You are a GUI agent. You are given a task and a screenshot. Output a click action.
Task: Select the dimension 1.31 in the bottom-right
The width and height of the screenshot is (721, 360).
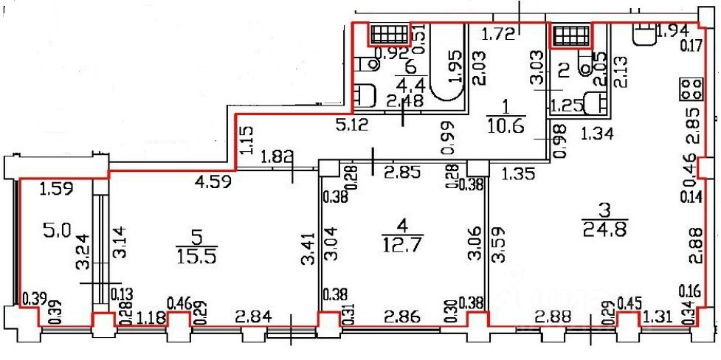click(x=658, y=318)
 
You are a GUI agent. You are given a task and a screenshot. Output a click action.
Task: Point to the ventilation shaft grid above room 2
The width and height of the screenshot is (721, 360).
click(x=570, y=34)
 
